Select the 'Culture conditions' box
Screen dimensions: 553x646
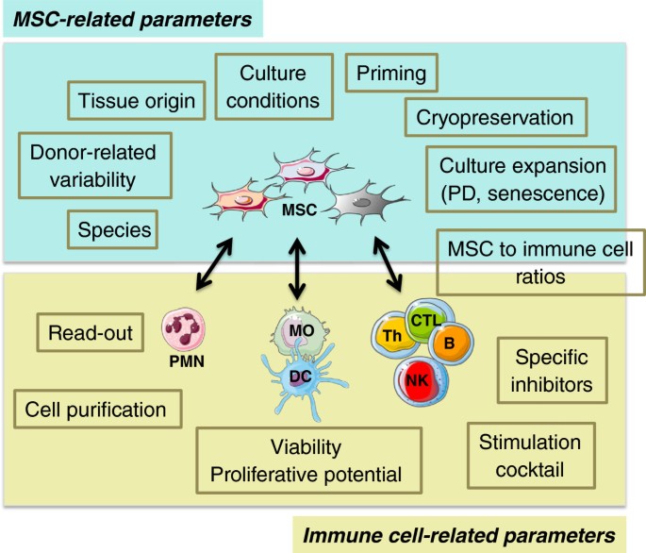point(273,86)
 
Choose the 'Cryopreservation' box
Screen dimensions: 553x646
point(495,119)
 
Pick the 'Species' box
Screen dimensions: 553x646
point(112,227)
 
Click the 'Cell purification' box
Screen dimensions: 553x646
point(97,410)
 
